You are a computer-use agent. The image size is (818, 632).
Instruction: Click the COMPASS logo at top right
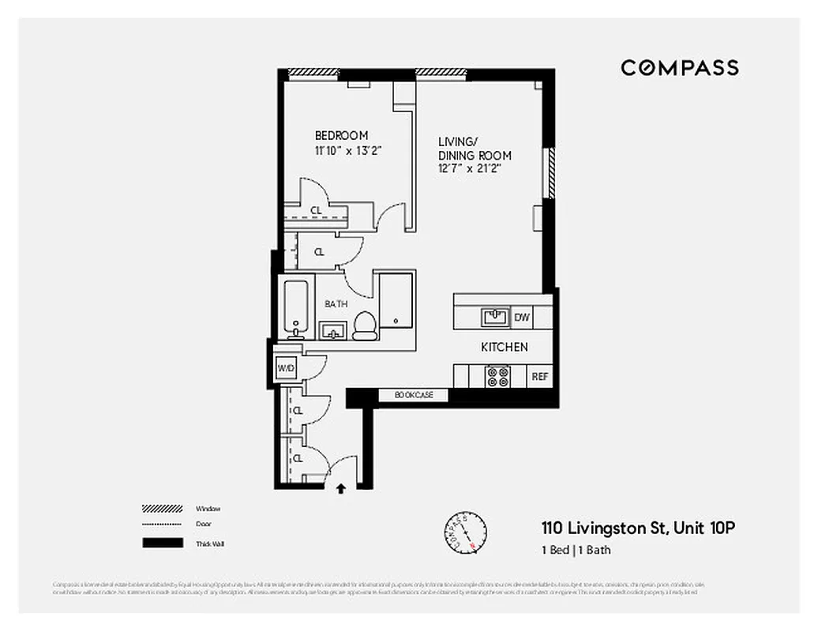tap(679, 68)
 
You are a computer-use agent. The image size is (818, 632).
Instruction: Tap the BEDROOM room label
tap(341, 136)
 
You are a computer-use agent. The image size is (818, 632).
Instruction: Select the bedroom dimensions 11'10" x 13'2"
tap(348, 150)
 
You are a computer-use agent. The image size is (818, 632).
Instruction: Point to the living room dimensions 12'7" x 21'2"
tap(470, 168)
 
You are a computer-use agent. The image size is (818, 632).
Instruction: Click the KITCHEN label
tap(505, 347)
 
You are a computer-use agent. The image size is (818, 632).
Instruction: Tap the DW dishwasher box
tap(522, 318)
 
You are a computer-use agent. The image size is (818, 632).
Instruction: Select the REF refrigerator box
tap(540, 377)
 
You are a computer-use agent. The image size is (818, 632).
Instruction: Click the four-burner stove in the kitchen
tap(497, 377)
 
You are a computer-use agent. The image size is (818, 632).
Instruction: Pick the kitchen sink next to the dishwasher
tap(495, 317)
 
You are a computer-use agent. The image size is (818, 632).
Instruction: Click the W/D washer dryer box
tap(284, 368)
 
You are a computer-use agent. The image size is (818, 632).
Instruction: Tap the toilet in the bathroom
tap(365, 325)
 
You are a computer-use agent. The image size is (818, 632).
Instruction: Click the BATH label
tap(336, 303)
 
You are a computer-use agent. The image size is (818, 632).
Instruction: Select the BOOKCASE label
tap(414, 395)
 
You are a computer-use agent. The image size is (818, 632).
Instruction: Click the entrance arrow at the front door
tap(341, 489)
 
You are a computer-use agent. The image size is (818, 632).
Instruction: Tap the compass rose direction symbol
tap(463, 531)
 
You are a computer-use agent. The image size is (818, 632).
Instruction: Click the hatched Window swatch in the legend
tap(162, 508)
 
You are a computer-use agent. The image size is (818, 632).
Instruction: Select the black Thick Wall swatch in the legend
tap(162, 543)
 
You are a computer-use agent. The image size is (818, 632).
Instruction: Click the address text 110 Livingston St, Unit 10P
tap(638, 528)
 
